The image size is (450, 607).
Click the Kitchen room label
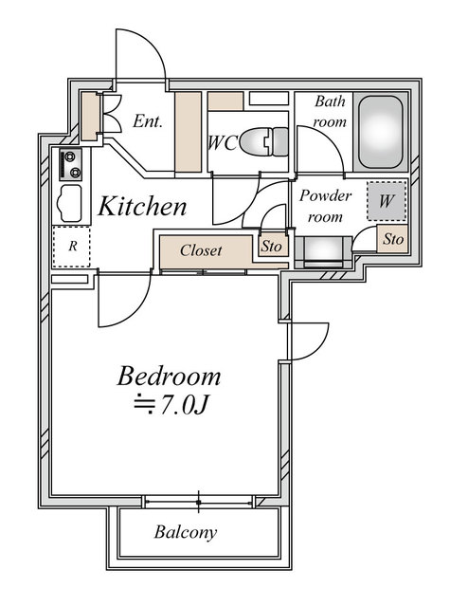coord(142,207)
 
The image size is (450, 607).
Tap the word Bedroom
coord(169,377)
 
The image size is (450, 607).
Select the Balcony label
coord(185,532)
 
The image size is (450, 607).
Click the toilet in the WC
coord(264,142)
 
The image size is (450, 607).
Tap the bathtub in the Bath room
coord(381,132)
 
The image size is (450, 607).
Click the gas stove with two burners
coord(71,164)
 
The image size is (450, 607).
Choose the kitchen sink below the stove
coord(69,203)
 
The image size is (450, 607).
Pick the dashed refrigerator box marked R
coord(71,247)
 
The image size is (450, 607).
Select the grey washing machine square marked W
coord(387,201)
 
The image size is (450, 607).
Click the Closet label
coord(201,250)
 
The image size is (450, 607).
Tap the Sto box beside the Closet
coord(274,246)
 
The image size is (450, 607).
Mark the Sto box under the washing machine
coord(392,239)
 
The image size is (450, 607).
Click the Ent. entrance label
coord(147,121)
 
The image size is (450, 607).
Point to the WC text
coord(223,143)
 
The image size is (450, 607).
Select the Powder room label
coord(325,207)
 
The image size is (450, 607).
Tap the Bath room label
coord(330,112)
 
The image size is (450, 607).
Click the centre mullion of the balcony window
coord(199,502)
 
